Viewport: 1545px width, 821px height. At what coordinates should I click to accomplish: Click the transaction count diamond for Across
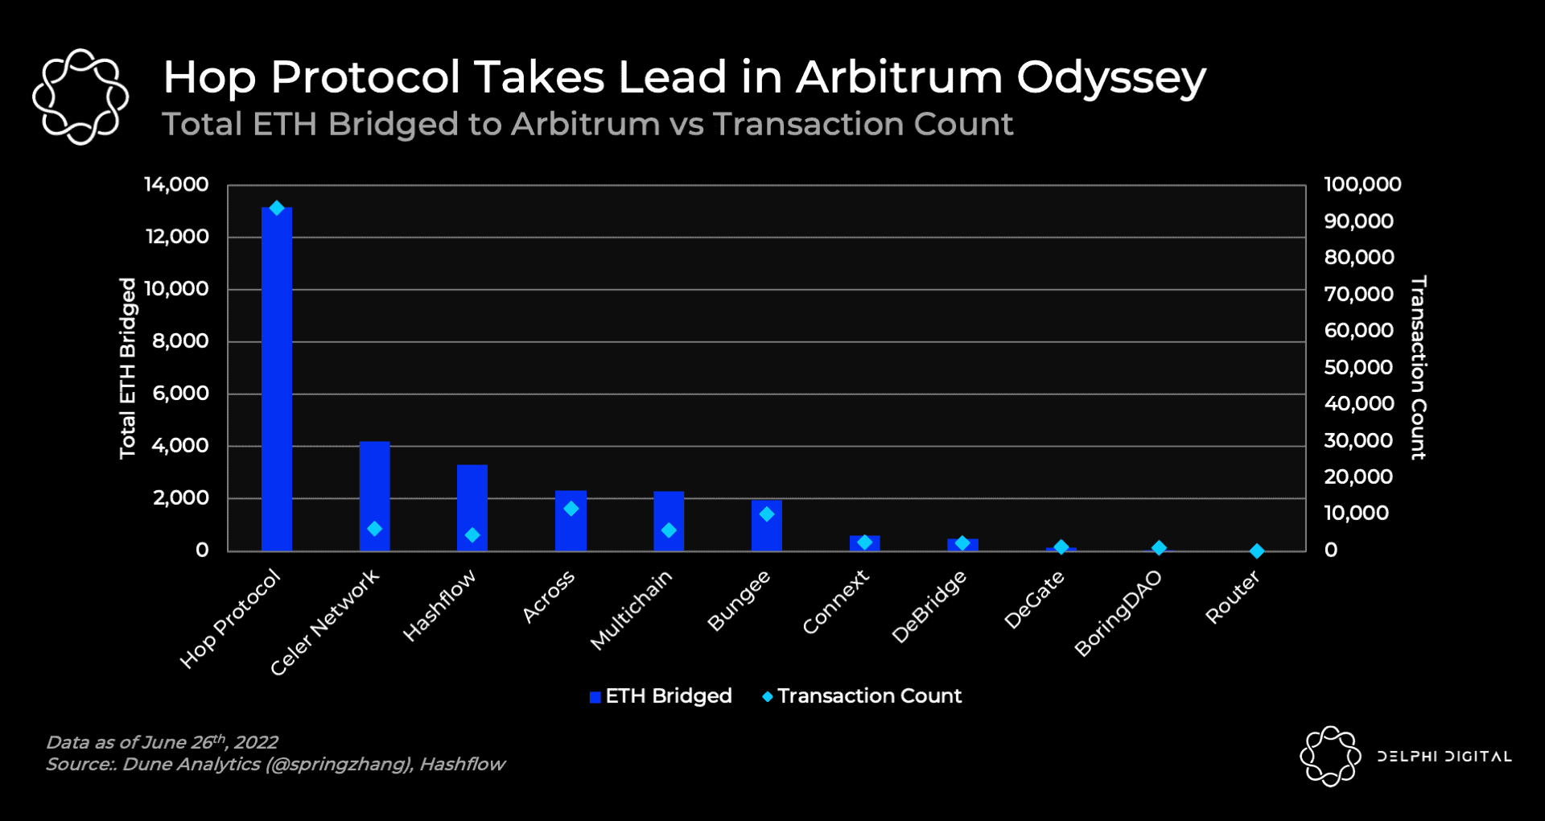tap(571, 509)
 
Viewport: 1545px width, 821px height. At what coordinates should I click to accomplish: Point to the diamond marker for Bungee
tap(767, 514)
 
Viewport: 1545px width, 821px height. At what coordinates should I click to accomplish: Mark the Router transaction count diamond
tap(1257, 551)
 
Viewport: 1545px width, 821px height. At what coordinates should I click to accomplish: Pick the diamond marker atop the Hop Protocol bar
tap(277, 208)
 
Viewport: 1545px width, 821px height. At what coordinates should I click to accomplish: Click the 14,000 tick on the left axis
tap(176, 184)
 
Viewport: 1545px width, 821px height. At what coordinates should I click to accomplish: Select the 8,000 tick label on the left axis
tap(180, 341)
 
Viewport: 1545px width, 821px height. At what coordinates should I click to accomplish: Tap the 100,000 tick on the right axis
tap(1362, 184)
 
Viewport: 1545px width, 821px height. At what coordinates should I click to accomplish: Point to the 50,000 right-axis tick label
tap(1358, 367)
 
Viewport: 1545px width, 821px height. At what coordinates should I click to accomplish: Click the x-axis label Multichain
tap(631, 609)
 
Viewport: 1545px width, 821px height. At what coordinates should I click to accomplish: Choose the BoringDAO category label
tap(1119, 613)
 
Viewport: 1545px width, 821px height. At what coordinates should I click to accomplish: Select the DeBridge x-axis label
tap(929, 607)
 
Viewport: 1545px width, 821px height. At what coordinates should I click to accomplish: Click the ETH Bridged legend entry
tap(661, 696)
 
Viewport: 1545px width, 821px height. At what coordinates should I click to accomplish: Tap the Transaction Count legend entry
tap(862, 696)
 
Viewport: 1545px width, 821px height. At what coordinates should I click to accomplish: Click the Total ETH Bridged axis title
tap(128, 368)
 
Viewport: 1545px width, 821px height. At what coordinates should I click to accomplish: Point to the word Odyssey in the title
tap(1111, 78)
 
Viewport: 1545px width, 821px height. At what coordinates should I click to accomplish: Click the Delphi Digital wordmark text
tap(1444, 757)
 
